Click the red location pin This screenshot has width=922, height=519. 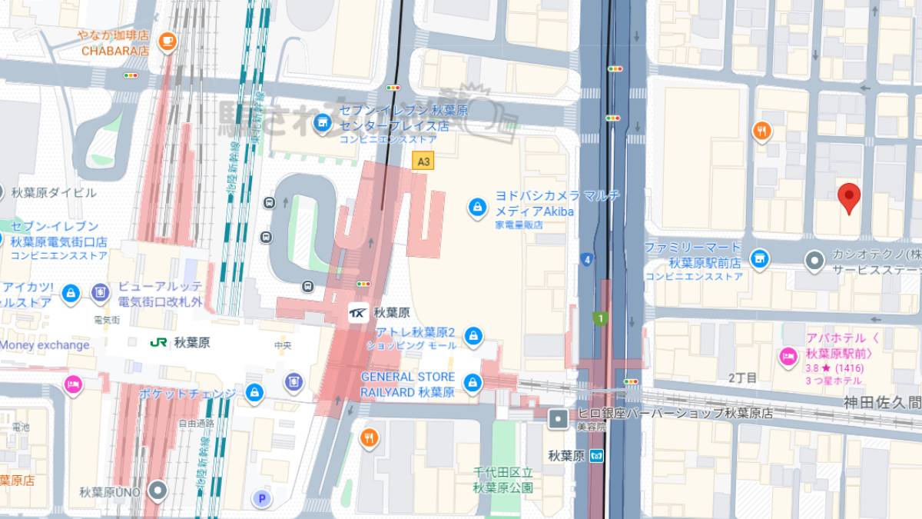click(848, 197)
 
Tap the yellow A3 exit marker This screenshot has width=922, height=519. click(423, 161)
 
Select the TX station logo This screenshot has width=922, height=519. click(358, 312)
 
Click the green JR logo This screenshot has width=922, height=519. click(160, 342)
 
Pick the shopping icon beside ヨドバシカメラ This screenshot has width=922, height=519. click(477, 207)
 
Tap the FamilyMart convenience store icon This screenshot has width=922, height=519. click(759, 258)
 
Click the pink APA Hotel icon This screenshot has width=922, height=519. click(788, 356)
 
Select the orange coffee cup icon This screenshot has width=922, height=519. click(167, 41)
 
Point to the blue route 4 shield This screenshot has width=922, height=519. click(586, 259)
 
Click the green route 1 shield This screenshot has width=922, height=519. click(599, 317)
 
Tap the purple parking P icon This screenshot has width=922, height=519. click(262, 499)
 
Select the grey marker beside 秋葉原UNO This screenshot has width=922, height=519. click(158, 490)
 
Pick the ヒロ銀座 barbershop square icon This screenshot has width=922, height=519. click(559, 419)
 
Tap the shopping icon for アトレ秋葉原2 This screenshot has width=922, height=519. click(473, 336)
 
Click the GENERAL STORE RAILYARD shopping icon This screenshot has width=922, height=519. click(473, 382)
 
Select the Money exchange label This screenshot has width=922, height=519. click(45, 345)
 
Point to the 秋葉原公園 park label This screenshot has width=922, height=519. click(503, 481)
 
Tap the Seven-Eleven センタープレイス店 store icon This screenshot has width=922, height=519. click(323, 121)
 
